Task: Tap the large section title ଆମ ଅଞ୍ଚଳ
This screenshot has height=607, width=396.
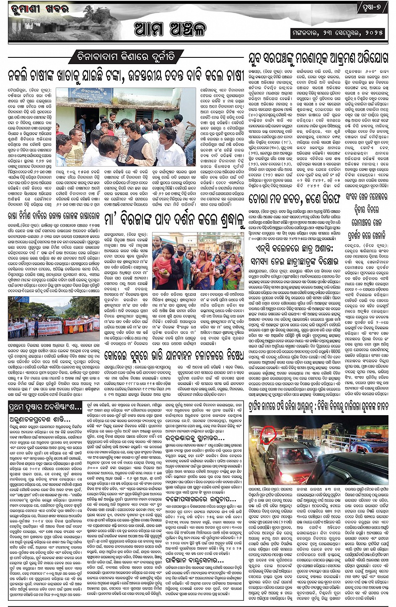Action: click(170, 29)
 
